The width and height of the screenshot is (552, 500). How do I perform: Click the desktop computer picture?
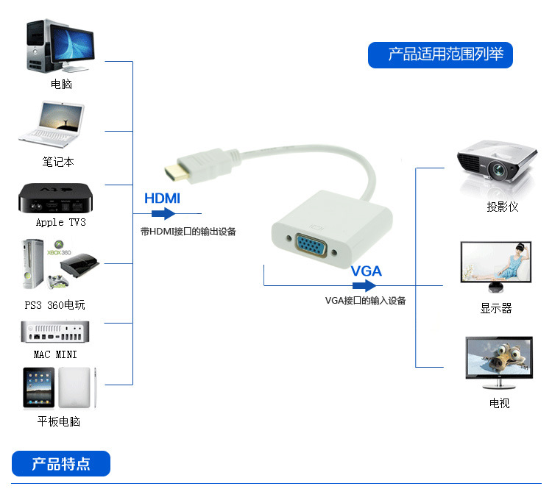click(x=60, y=46)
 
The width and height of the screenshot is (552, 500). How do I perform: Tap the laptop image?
click(x=52, y=124)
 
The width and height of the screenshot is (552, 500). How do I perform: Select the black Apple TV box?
click(x=56, y=198)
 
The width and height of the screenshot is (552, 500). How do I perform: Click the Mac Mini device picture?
click(x=55, y=332)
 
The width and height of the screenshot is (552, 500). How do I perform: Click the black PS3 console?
click(x=80, y=265)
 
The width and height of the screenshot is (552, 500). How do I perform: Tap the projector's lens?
click(x=498, y=171)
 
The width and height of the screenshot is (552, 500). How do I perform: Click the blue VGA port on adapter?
click(x=311, y=246)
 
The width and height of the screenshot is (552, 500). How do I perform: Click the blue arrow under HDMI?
click(x=163, y=213)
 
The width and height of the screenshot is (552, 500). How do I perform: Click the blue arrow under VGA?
click(x=364, y=285)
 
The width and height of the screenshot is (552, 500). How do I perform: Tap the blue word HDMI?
click(x=163, y=199)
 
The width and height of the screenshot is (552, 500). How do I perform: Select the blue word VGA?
click(x=367, y=271)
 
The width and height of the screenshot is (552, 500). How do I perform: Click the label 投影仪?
click(x=503, y=207)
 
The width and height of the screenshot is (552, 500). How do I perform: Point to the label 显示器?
click(x=496, y=308)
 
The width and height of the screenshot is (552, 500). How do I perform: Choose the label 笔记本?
click(x=58, y=162)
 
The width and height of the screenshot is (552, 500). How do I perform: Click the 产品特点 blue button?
click(x=61, y=464)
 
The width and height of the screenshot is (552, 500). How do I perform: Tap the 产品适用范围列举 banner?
click(x=440, y=55)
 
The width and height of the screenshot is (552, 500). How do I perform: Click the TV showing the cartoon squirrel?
click(x=499, y=362)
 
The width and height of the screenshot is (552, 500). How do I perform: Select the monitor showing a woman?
click(x=495, y=266)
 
